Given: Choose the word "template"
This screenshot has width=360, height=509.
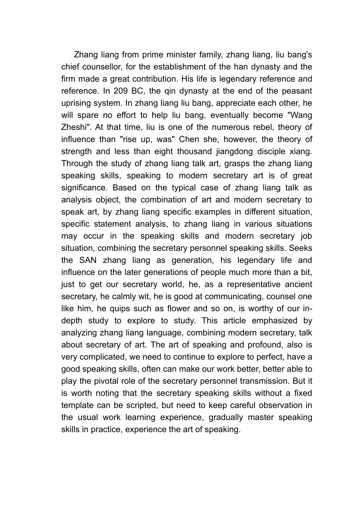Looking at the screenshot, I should click(x=77, y=405).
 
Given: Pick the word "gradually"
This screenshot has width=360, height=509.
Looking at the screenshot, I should click(x=221, y=417).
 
